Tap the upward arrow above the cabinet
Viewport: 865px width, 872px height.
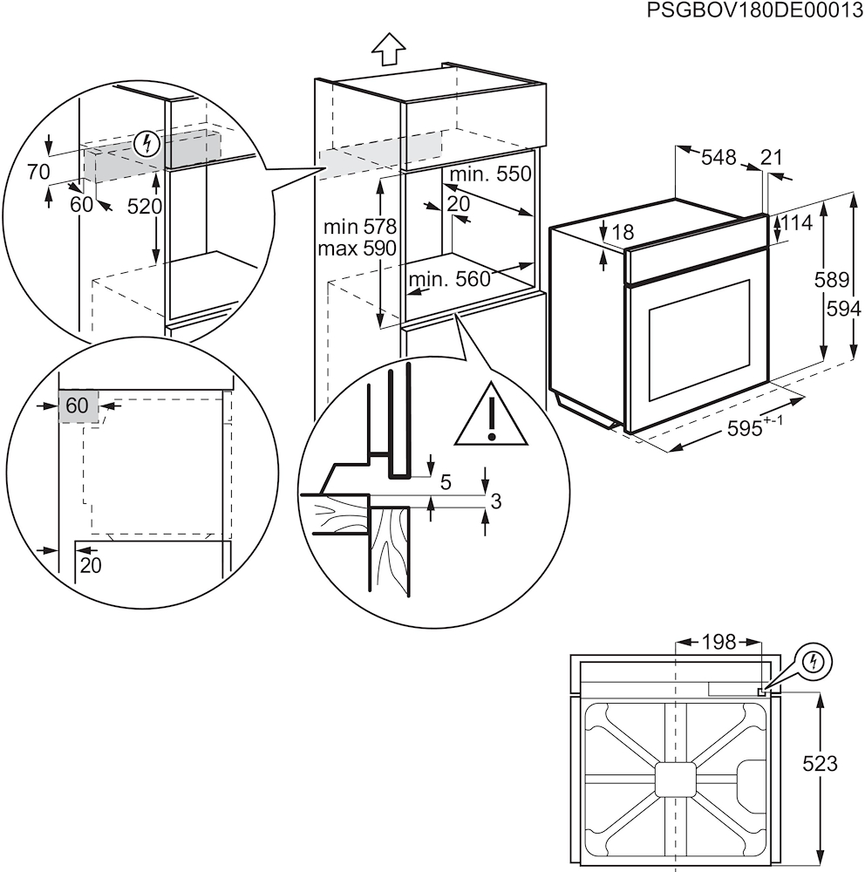coord(387,51)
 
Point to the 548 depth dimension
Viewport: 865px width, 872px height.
coord(719,157)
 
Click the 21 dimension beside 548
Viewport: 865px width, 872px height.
coord(771,157)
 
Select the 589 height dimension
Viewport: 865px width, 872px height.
coord(831,280)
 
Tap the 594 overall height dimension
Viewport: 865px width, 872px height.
coord(844,309)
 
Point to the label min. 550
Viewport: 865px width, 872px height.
coord(490,174)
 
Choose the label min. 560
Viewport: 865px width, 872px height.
coord(449,279)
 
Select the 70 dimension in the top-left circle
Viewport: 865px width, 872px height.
coord(38,172)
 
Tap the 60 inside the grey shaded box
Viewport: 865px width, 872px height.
coord(77,405)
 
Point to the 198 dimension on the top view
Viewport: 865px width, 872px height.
coord(719,643)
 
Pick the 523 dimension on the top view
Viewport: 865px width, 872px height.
coord(820,764)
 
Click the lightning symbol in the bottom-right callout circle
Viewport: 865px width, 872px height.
coord(814,661)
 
